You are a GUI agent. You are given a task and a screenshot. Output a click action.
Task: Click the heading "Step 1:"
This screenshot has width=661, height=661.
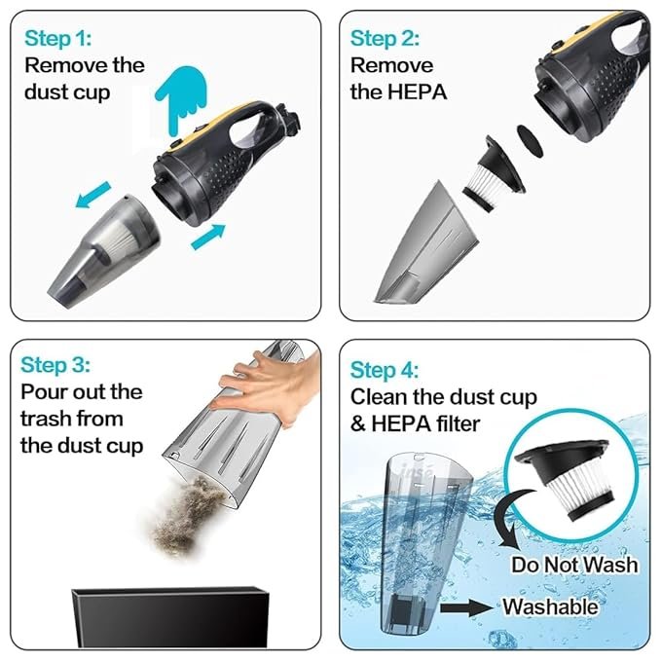pyautogui.click(x=57, y=38)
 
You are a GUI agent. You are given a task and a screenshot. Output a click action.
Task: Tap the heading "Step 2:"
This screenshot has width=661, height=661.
pyautogui.click(x=385, y=38)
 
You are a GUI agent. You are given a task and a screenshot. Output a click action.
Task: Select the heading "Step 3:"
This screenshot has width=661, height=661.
pyautogui.click(x=55, y=365)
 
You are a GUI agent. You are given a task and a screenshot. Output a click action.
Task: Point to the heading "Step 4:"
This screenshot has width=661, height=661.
pyautogui.click(x=385, y=370)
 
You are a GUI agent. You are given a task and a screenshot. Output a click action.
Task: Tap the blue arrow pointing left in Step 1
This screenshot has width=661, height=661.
pyautogui.click(x=92, y=195)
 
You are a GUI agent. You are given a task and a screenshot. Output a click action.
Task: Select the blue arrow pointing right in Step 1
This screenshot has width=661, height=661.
pyautogui.click(x=208, y=237)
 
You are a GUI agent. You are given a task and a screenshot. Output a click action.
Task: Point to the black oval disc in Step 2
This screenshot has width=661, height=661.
pyautogui.click(x=530, y=142)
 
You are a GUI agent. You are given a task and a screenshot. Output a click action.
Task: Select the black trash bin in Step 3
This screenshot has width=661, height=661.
pyautogui.click(x=170, y=617)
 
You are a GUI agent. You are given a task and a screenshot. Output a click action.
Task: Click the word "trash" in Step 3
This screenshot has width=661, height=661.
pyautogui.click(x=46, y=419)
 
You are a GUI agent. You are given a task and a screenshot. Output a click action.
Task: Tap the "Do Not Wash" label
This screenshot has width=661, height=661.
pyautogui.click(x=574, y=565)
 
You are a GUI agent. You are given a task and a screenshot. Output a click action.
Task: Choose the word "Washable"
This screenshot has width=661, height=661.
pyautogui.click(x=550, y=607)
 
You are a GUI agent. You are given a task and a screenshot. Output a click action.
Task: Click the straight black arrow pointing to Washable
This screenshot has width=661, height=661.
pyautogui.click(x=466, y=607)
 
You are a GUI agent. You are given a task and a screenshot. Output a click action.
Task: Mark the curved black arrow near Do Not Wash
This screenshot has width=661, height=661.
pyautogui.click(x=511, y=520)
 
